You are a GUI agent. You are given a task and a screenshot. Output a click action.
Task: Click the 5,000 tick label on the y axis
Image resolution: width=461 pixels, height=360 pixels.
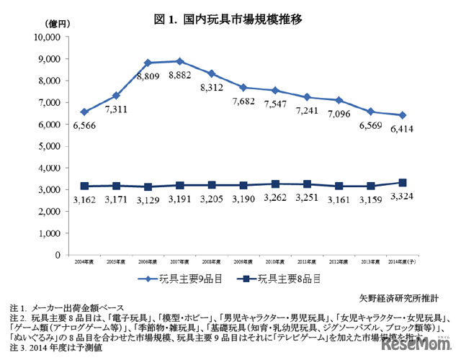coord(48,146)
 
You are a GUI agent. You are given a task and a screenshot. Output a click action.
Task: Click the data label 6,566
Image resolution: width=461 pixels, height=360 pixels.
coord(84,125)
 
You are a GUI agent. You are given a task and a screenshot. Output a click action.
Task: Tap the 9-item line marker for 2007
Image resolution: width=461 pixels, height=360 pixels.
coord(179,61)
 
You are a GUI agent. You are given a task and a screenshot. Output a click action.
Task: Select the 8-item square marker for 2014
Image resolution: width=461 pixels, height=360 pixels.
coord(402,183)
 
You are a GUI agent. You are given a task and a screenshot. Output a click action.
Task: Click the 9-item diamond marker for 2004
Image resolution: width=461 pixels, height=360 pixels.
coord(85,112)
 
